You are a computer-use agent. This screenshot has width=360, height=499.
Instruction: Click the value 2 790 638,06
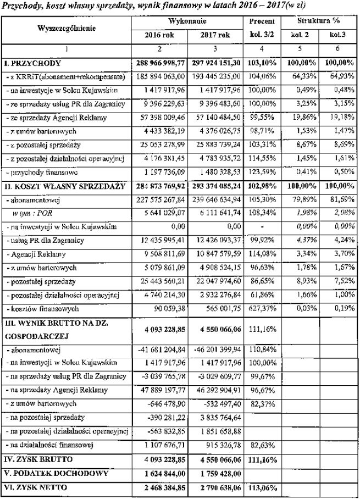coord(216,486)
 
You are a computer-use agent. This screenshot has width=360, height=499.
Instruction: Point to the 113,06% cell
coord(261,486)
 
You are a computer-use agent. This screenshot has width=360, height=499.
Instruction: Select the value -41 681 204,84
coord(159,350)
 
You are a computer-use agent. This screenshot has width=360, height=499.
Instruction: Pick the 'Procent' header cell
coord(261,22)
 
